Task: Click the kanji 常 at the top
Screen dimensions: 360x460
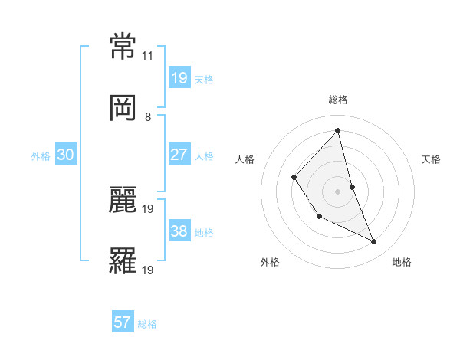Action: pyautogui.click(x=123, y=47)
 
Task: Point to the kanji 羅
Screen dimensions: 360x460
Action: pyautogui.click(x=123, y=260)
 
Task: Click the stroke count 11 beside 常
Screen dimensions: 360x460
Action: pyautogui.click(x=148, y=56)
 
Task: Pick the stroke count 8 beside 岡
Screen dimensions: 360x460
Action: pyautogui.click(x=148, y=117)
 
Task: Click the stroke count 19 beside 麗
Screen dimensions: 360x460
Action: pyautogui.click(x=148, y=208)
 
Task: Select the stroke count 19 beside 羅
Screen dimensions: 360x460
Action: pyautogui.click(x=148, y=270)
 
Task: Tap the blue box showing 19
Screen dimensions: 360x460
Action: pyautogui.click(x=179, y=78)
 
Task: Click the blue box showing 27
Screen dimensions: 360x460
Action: pyautogui.click(x=179, y=155)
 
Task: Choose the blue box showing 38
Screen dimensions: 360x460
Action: pyautogui.click(x=179, y=231)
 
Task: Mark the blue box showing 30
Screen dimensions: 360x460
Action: pyautogui.click(x=66, y=155)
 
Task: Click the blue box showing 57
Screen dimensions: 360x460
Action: pyautogui.click(x=123, y=322)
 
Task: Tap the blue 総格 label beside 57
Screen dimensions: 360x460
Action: pyautogui.click(x=147, y=324)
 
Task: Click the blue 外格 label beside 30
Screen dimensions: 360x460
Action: pyautogui.click(x=41, y=156)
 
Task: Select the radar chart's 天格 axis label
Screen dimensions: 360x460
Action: pyautogui.click(x=432, y=159)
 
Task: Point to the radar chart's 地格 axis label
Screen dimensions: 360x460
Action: pyautogui.click(x=402, y=262)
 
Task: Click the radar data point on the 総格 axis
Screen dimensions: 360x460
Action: pyautogui.click(x=337, y=131)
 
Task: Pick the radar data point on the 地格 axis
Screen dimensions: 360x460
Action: pyautogui.click(x=374, y=242)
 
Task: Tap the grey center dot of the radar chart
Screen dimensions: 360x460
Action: pyautogui.click(x=337, y=191)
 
